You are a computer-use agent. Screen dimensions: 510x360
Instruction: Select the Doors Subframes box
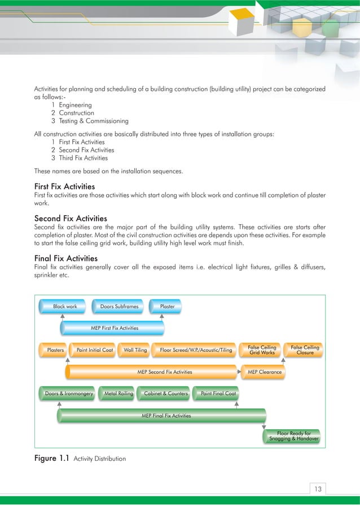(119, 307)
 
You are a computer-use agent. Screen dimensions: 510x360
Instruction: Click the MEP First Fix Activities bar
(114, 328)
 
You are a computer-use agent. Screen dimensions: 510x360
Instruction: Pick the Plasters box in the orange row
(55, 350)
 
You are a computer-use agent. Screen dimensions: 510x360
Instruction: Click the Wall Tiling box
(135, 350)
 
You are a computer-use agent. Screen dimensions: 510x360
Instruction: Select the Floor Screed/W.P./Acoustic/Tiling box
(196, 350)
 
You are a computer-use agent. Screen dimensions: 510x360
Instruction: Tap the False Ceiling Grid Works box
(262, 350)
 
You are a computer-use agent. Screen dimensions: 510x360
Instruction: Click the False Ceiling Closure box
(305, 350)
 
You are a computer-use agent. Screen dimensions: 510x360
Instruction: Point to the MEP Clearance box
(265, 372)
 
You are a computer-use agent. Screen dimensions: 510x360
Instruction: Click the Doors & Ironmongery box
(69, 394)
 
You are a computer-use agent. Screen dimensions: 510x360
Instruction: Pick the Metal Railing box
(118, 394)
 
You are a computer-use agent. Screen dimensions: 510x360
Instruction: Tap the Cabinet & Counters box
(166, 394)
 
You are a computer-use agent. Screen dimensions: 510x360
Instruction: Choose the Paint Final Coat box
(217, 394)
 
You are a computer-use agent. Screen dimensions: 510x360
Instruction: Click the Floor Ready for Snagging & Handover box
(293, 436)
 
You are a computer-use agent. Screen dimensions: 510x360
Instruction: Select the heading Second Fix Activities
(71, 218)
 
